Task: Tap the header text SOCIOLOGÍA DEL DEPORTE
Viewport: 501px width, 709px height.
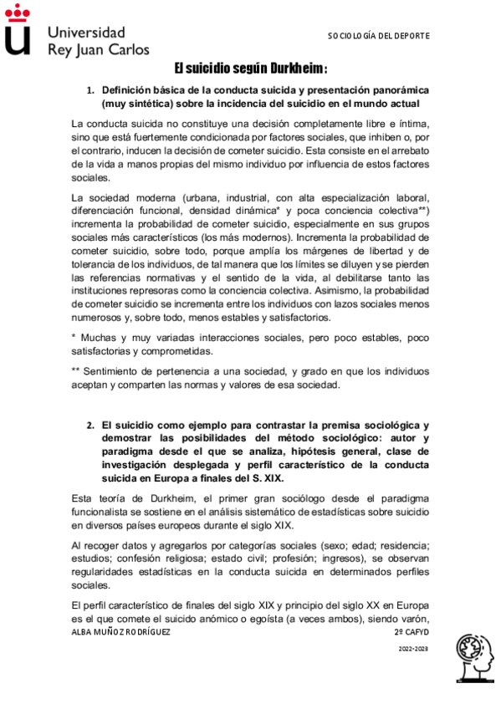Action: pyautogui.click(x=378, y=36)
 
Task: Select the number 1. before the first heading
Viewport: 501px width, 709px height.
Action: pyautogui.click(x=91, y=89)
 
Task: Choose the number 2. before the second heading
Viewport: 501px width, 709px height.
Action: pyautogui.click(x=91, y=425)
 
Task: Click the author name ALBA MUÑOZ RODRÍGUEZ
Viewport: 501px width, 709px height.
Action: pyautogui.click(x=122, y=633)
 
